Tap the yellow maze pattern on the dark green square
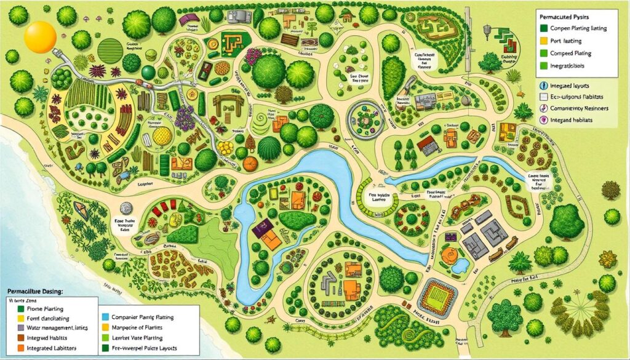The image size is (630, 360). [x=233, y=41]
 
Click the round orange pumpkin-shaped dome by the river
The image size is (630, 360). [x=249, y=164]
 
